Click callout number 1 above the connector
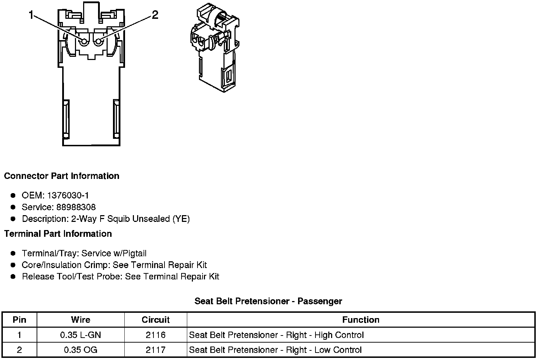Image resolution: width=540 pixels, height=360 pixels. [x=31, y=15]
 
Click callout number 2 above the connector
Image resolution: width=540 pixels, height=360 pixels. [x=155, y=15]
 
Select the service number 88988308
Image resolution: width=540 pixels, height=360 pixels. [x=76, y=207]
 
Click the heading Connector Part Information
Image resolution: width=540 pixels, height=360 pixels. [x=61, y=176]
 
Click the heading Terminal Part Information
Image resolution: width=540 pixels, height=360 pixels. [x=58, y=234]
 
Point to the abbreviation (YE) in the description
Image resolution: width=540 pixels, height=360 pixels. [x=181, y=219]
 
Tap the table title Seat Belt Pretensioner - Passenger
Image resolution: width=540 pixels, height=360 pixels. [x=268, y=301]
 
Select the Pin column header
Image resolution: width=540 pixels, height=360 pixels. [x=19, y=320]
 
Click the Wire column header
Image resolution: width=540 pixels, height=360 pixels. [x=81, y=320]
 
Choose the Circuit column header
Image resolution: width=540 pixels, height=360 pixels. [x=156, y=320]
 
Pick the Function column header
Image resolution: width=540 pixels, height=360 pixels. [x=361, y=320]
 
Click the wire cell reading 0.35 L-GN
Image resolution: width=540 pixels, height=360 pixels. [x=81, y=335]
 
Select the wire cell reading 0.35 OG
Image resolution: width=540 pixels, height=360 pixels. [x=81, y=350]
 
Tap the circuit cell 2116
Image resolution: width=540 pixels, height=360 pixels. [x=156, y=335]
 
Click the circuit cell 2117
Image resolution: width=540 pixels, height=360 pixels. [x=156, y=350]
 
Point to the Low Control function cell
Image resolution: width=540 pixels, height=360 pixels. [x=275, y=350]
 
